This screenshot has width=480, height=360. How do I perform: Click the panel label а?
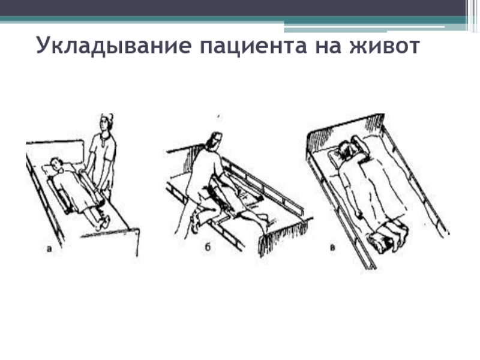(49, 249)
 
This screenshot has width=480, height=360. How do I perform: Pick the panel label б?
(208, 247)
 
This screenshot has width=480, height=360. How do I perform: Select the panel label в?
(332, 248)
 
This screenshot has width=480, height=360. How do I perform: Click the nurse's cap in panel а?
(107, 117)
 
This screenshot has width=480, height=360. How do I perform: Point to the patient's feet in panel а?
(103, 222)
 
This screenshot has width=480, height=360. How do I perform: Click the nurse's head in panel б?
(214, 142)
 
